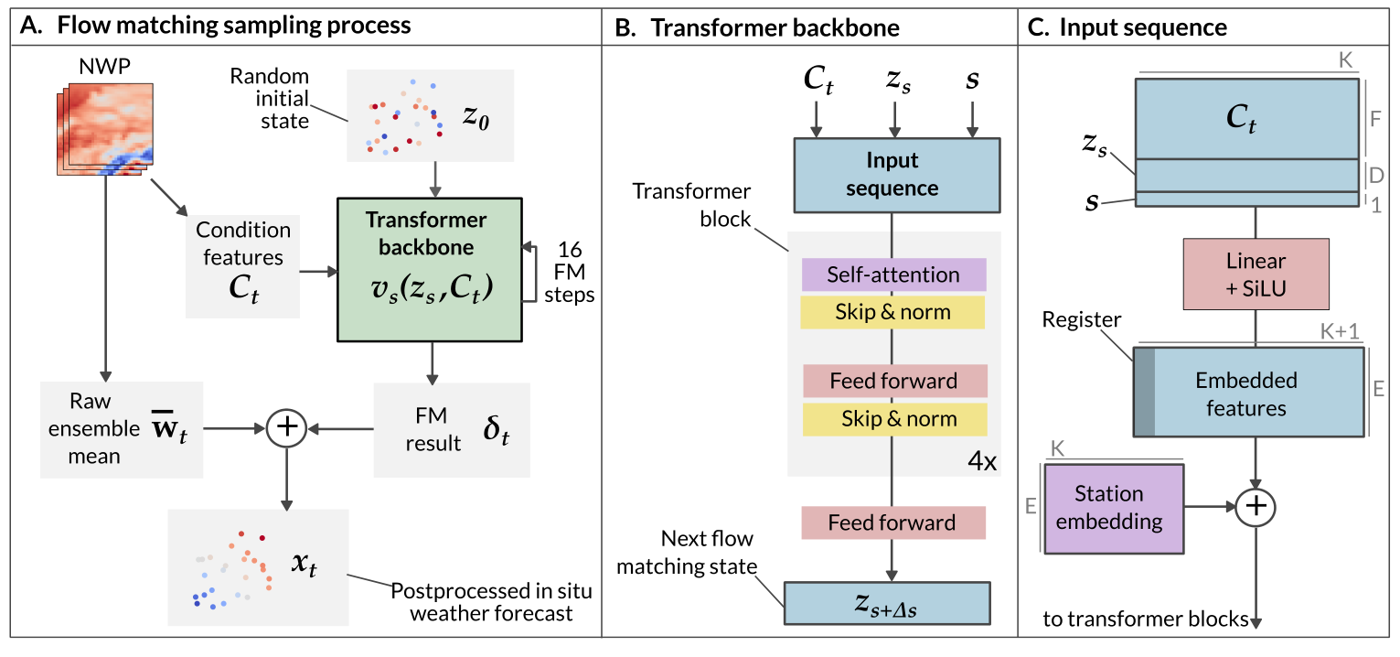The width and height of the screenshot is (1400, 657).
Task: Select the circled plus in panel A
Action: point(287,427)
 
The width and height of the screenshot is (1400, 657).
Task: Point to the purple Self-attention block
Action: point(892,275)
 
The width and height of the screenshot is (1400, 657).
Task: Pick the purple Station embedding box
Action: point(1113,508)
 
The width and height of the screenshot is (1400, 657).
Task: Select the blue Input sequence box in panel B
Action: point(892,174)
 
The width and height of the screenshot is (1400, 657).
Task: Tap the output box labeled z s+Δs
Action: point(887,602)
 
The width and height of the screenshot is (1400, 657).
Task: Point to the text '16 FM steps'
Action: point(569,274)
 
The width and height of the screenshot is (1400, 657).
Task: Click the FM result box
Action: point(451,429)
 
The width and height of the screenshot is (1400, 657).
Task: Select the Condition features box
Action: point(242,266)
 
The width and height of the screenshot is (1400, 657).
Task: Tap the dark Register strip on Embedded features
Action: point(1144,392)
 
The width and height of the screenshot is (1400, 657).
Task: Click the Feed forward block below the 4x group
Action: point(892,522)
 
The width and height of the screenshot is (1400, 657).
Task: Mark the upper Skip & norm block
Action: point(892,312)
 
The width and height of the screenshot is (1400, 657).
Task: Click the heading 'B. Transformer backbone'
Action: point(756,27)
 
